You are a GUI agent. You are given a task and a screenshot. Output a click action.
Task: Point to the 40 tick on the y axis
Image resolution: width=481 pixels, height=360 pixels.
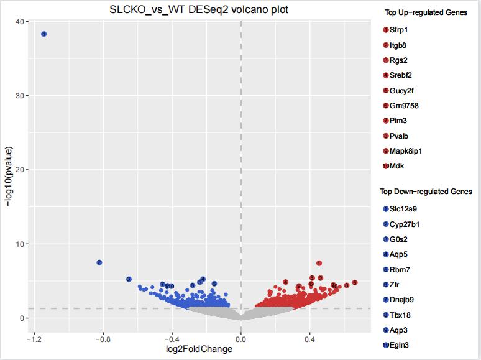tap(21, 22)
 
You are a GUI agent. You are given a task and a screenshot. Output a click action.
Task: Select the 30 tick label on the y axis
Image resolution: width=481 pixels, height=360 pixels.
tap(21, 96)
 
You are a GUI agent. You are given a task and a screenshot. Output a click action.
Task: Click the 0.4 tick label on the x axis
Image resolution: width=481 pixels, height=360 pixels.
tap(309, 340)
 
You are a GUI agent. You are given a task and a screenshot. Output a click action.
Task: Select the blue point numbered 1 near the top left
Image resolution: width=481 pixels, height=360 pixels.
tap(44, 34)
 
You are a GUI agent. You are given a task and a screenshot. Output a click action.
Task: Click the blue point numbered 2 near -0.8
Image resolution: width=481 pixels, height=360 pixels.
tap(99, 262)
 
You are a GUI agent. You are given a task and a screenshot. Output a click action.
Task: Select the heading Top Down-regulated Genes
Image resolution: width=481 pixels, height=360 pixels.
tap(426, 192)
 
